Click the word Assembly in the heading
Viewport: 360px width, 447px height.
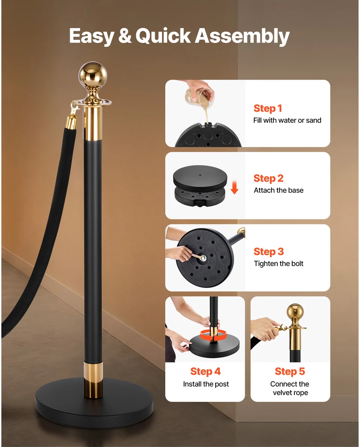pos(242,36)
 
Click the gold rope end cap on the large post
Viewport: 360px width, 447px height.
pos(71,122)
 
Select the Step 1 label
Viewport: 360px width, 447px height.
pos(268,108)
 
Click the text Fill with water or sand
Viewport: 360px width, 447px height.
pos(287,120)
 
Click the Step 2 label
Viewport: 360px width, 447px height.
pos(268,178)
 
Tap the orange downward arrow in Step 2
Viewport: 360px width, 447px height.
pos(234,187)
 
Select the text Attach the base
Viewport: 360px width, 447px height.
pos(279,190)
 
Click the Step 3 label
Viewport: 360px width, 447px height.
pos(268,251)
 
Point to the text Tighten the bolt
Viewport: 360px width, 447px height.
pos(279,264)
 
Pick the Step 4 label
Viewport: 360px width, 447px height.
pos(205,371)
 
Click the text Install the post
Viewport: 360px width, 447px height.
pos(205,384)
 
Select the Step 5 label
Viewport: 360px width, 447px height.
pos(289,371)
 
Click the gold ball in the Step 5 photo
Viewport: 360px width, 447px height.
pos(295,312)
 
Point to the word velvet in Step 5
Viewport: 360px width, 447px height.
pos(282,392)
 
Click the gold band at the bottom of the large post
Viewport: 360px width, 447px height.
pos(93,380)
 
